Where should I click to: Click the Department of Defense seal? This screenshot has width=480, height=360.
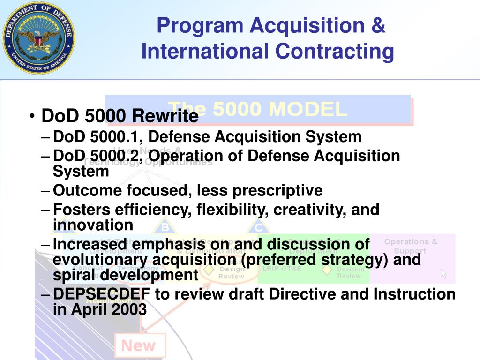(38, 38)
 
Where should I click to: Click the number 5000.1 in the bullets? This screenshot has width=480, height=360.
(117, 137)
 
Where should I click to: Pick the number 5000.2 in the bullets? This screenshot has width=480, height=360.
(117, 156)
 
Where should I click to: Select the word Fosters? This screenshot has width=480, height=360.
(82, 209)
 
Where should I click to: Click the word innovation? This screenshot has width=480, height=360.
(93, 225)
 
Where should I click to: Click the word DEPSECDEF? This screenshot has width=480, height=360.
(102, 294)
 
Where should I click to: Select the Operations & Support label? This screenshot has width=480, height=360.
(411, 246)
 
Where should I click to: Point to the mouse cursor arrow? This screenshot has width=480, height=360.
(443, 274)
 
